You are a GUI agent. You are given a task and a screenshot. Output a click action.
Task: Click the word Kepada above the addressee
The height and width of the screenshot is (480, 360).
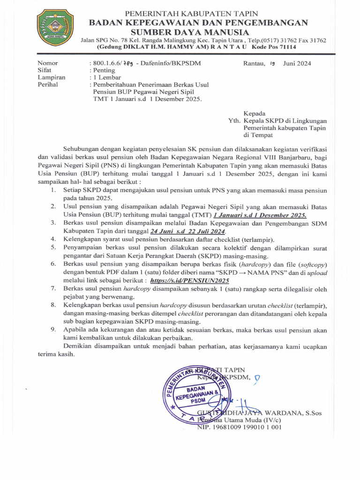click(255, 113)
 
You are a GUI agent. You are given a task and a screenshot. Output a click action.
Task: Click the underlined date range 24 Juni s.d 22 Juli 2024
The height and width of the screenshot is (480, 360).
click(188, 232)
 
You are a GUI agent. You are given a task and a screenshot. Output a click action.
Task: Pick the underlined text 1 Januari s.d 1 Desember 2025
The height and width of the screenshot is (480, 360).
click(260, 215)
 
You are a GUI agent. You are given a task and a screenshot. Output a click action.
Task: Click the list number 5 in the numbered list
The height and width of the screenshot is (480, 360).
click(54, 247)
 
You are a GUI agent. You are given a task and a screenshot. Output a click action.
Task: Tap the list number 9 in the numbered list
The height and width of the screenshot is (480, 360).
click(54, 330)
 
